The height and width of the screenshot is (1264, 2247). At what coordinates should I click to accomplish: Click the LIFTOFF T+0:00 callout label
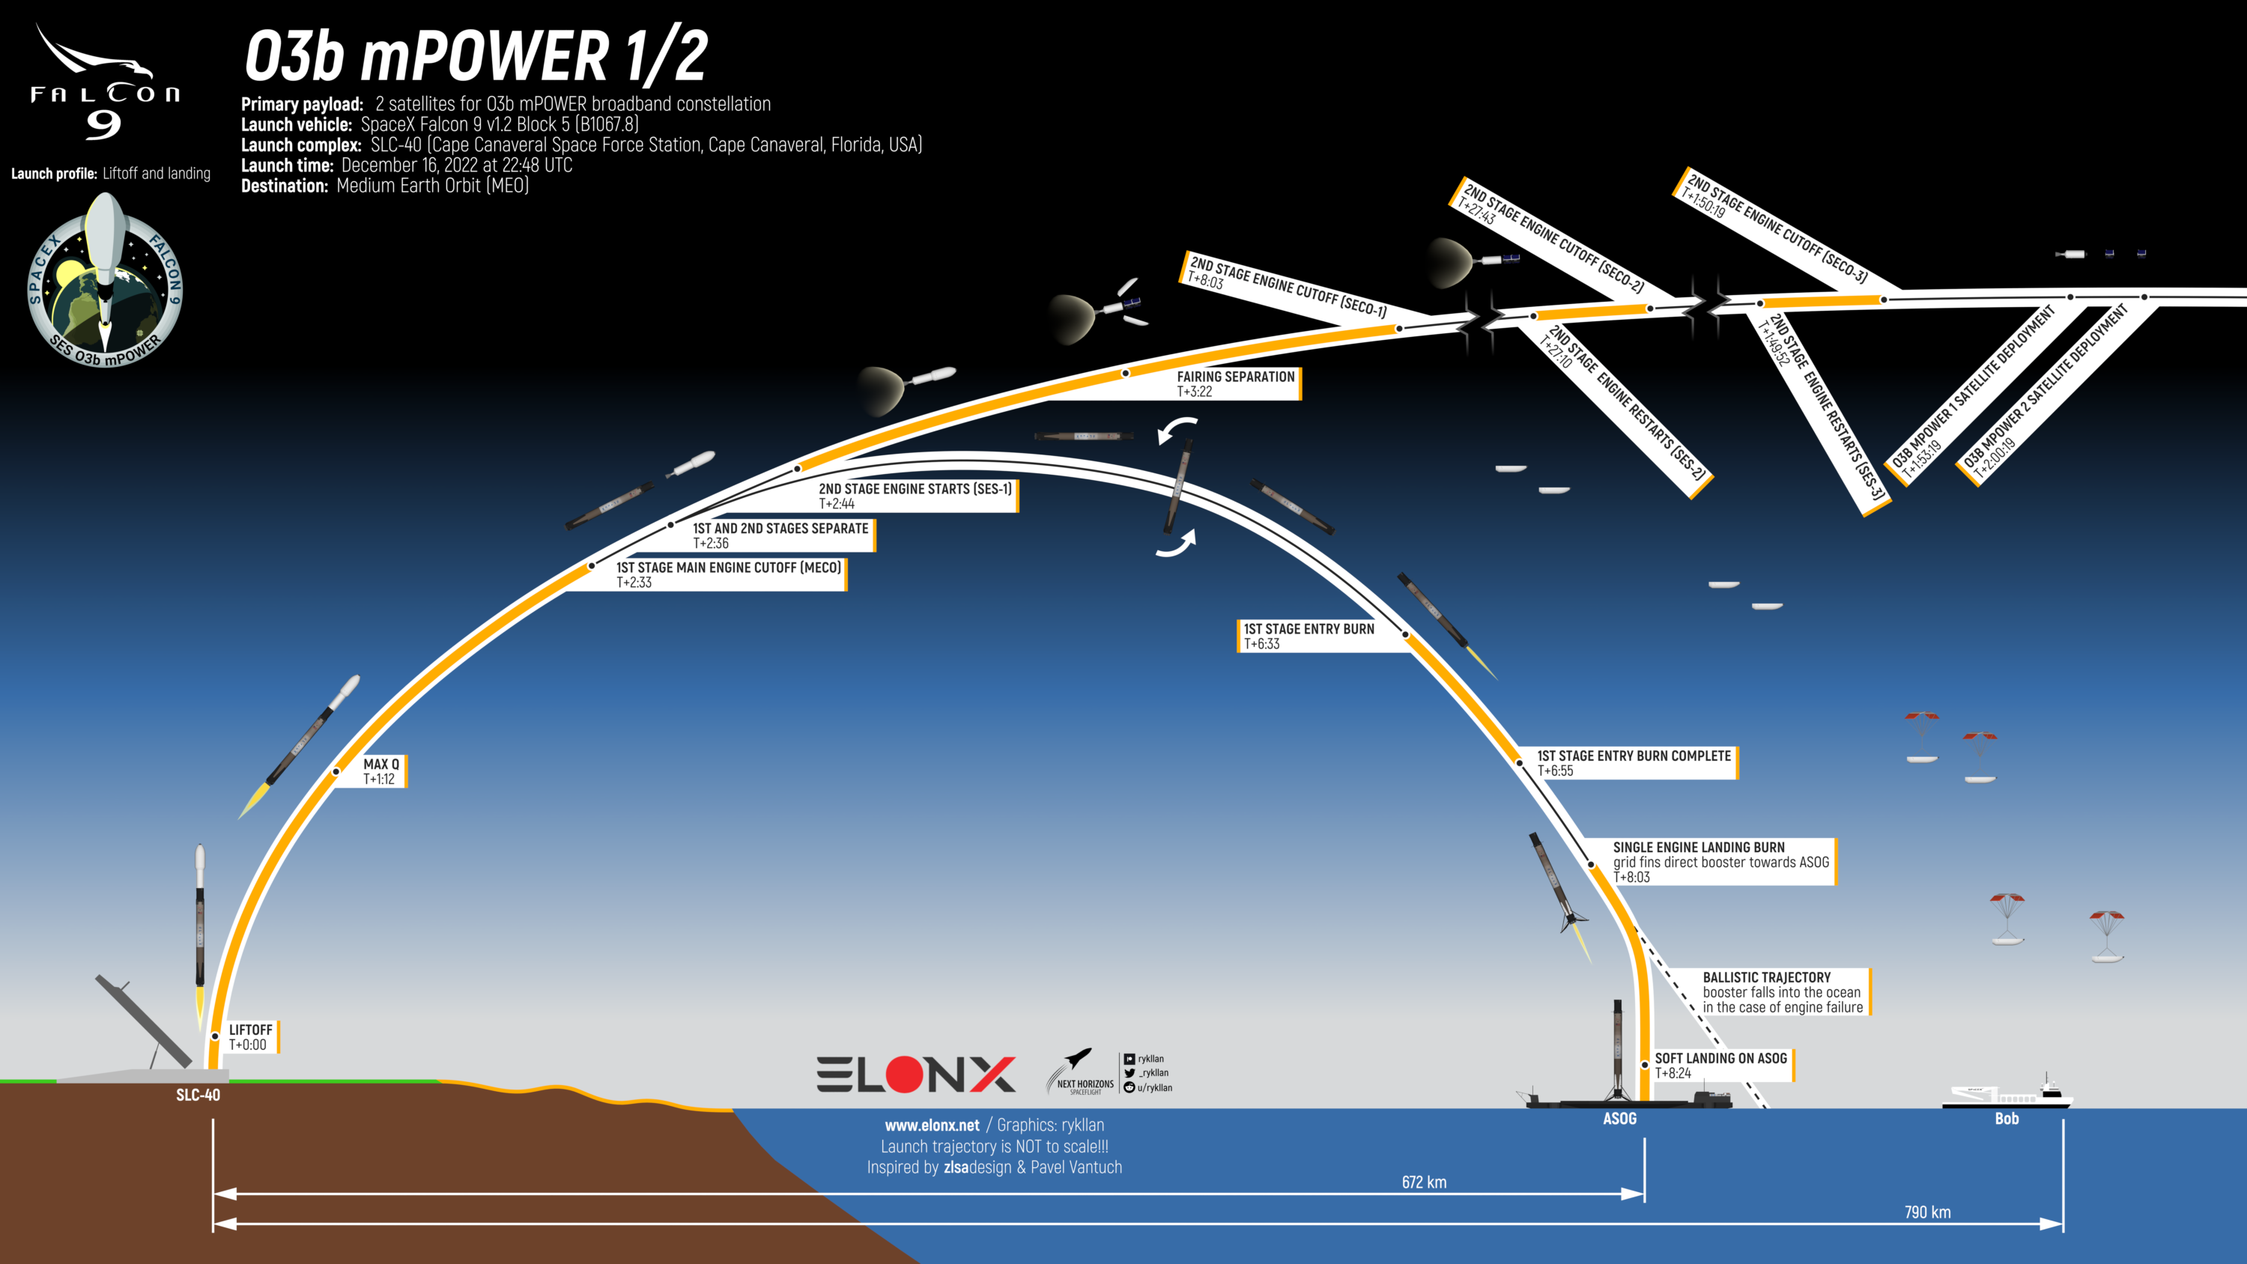[250, 1037]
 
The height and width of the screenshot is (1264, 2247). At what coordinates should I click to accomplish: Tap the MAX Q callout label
[382, 771]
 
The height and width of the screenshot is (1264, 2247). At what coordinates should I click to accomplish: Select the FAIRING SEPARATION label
[1236, 384]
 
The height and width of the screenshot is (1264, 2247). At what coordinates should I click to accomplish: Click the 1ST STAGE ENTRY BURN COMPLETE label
[1634, 763]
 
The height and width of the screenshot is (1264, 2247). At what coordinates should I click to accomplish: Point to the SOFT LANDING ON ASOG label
[1721, 1065]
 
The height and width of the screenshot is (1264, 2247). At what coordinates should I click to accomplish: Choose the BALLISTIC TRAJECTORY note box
[1783, 992]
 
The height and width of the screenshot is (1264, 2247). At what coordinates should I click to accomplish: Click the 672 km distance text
[1424, 1182]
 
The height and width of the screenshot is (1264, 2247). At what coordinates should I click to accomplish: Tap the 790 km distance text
[1927, 1212]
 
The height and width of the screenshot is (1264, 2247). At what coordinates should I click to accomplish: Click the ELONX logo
[916, 1074]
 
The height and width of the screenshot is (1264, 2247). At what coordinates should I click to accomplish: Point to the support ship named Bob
[2007, 1093]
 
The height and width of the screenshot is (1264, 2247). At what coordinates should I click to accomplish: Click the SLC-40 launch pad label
[198, 1095]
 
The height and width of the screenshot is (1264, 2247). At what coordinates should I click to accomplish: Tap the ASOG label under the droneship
[1620, 1118]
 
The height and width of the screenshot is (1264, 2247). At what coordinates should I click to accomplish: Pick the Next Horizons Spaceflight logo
[1080, 1072]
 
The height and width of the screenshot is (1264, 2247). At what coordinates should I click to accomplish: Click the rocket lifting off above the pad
[200, 929]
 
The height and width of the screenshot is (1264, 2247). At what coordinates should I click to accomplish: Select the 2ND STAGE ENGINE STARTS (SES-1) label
[915, 496]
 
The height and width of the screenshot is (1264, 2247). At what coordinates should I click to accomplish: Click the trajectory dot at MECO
[592, 566]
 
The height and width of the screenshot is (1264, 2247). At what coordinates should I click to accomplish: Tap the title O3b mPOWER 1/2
[476, 57]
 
